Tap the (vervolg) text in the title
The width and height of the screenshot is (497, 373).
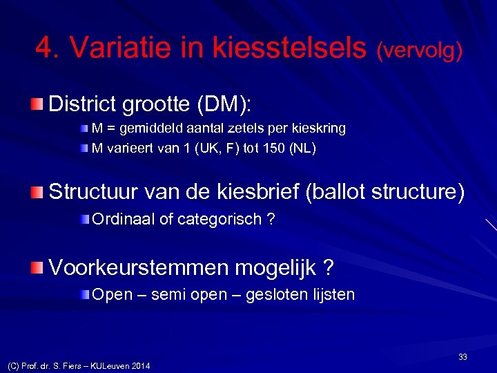pos(419,49)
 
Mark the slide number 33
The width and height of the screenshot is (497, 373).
pos(462,356)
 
